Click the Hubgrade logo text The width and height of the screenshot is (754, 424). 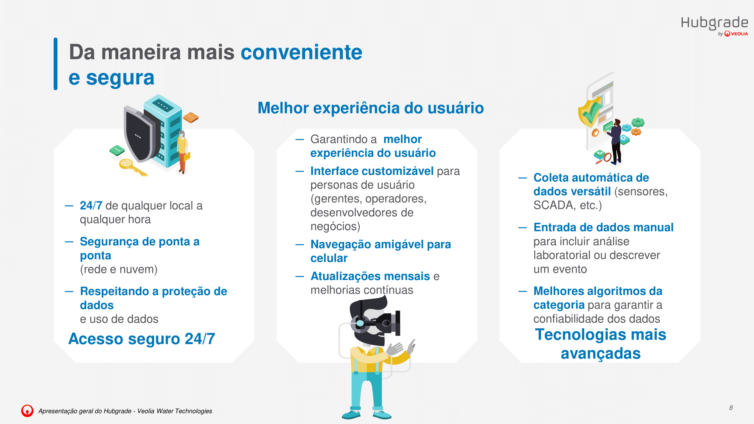tap(714, 23)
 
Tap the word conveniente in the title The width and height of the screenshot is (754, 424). tap(301, 52)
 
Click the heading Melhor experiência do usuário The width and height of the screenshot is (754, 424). tap(371, 108)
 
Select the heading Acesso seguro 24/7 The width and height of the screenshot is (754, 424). tap(142, 339)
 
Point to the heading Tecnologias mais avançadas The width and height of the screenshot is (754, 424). tap(601, 344)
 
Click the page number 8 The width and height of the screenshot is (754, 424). tap(731, 408)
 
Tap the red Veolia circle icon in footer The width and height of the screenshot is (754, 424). tap(27, 411)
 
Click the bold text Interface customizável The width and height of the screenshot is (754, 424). tap(372, 171)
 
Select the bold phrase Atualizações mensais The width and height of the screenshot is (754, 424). tap(370, 276)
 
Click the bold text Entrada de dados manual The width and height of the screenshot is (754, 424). tap(603, 228)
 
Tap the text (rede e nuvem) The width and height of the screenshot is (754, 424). tap(119, 269)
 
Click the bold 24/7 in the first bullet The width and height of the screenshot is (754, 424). tap(91, 206)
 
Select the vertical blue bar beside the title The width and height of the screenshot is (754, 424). tap(55, 64)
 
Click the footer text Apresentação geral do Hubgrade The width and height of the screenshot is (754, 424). tap(85, 411)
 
